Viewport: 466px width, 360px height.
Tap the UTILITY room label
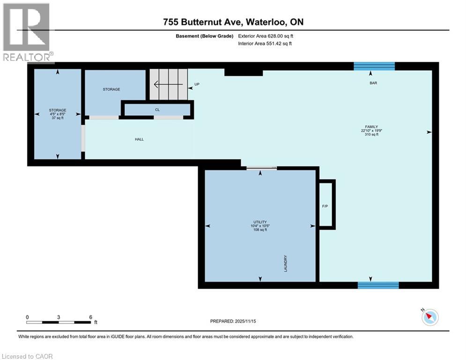260,222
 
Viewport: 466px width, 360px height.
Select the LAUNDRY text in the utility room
285,263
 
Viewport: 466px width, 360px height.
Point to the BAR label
373,83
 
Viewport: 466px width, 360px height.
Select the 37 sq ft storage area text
58,118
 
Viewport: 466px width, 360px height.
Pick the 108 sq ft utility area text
260,230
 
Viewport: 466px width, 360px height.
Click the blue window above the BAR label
374,66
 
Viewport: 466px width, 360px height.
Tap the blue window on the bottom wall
378,285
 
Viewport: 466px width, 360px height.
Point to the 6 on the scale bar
90,317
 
